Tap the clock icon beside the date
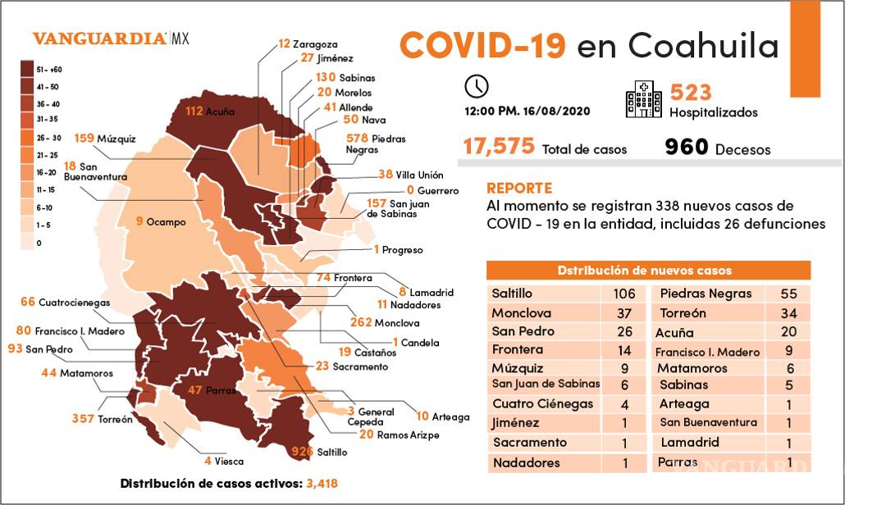pyautogui.click(x=476, y=86)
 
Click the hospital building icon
pyautogui.click(x=643, y=99)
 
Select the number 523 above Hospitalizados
pyautogui.click(x=691, y=92)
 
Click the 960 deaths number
pyautogui.click(x=686, y=147)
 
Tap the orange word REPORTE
pyautogui.click(x=519, y=188)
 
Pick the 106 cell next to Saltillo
pyautogui.click(x=623, y=293)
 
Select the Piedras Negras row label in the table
pyautogui.click(x=706, y=293)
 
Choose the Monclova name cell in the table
pyautogui.click(x=522, y=313)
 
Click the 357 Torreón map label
pyautogui.click(x=102, y=419)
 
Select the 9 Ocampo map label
pyautogui.click(x=161, y=221)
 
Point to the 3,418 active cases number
pyautogui.click(x=322, y=484)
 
